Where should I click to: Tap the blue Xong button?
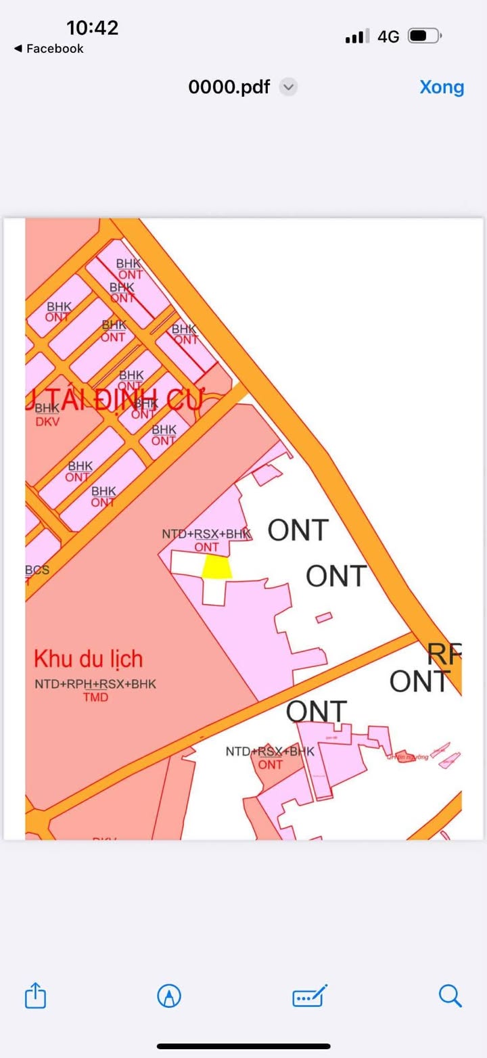pyautogui.click(x=442, y=87)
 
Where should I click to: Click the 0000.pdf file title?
pyautogui.click(x=229, y=87)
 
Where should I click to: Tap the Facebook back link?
pyautogui.click(x=49, y=49)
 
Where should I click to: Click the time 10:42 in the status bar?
pyautogui.click(x=92, y=28)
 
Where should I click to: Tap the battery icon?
pyautogui.click(x=425, y=36)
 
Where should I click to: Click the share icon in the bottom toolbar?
pyautogui.click(x=35, y=996)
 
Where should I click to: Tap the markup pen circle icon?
pyautogui.click(x=168, y=996)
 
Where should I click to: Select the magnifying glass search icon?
pyautogui.click(x=450, y=996)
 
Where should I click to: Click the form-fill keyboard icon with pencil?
pyautogui.click(x=310, y=996)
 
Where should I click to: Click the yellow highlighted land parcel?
pyautogui.click(x=217, y=567)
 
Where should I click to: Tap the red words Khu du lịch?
pyautogui.click(x=88, y=659)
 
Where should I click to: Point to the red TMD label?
pyautogui.click(x=95, y=697)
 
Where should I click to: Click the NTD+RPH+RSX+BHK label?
pyautogui.click(x=95, y=684)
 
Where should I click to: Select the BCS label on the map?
pyautogui.click(x=37, y=570)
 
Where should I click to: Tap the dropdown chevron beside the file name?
pyautogui.click(x=288, y=87)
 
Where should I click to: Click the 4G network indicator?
pyautogui.click(x=388, y=37)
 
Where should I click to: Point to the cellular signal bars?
pyautogui.click(x=357, y=37)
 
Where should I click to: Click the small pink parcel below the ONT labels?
pyautogui.click(x=324, y=617)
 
